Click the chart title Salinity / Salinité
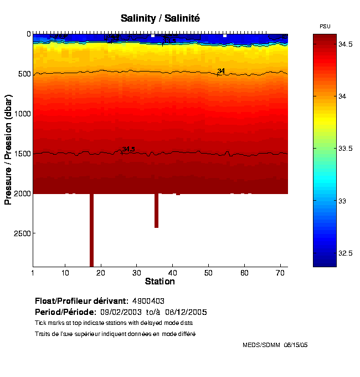160,18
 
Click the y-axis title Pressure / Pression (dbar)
8,149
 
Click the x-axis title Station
160,282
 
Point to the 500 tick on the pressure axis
23,74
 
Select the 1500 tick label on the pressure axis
21,154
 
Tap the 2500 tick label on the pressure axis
21,233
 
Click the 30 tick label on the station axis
137,273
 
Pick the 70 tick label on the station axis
280,273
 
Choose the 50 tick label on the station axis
208,273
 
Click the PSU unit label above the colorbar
325,26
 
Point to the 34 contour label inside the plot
221,71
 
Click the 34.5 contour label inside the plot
128,149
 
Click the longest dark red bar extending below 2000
91,230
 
